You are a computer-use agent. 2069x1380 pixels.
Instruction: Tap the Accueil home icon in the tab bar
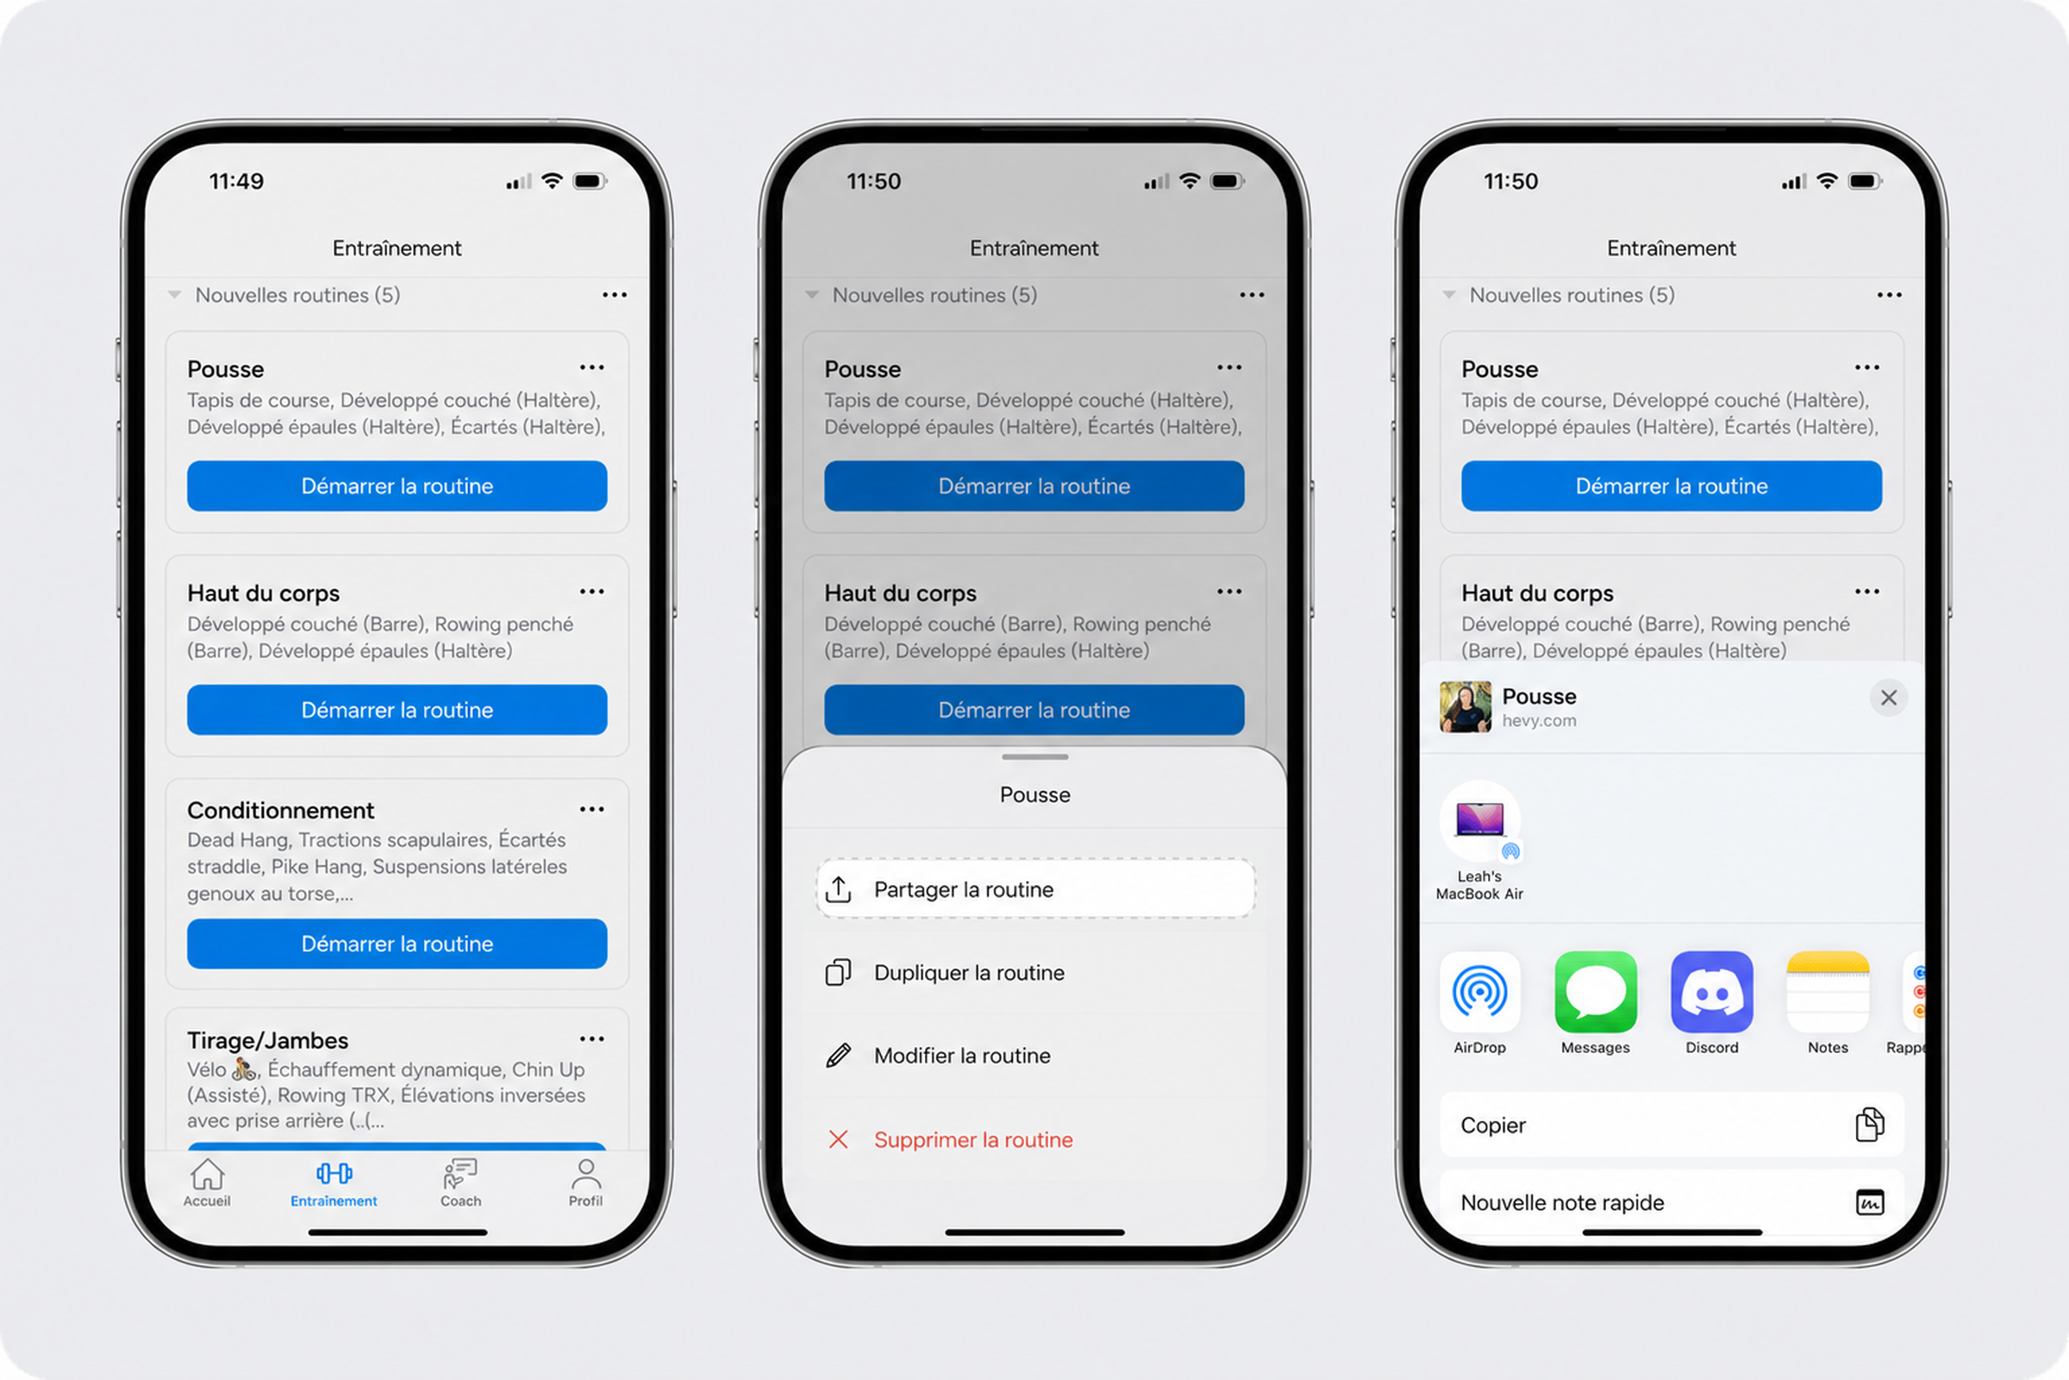(x=208, y=1173)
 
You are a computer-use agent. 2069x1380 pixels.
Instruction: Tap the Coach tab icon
(x=460, y=1173)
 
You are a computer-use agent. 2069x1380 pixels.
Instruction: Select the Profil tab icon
(x=586, y=1173)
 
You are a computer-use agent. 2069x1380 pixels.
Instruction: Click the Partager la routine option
(x=1035, y=889)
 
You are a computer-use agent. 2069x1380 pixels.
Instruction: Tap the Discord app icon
(x=1712, y=992)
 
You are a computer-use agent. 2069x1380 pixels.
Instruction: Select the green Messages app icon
(x=1596, y=992)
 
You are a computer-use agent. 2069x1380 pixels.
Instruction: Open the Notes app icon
(x=1828, y=992)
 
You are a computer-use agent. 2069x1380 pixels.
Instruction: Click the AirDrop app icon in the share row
(x=1479, y=992)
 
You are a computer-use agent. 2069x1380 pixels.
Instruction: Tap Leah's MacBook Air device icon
(x=1480, y=820)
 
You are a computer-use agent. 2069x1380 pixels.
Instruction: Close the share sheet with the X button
(x=1889, y=698)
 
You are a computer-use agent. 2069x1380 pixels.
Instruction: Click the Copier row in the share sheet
(x=1672, y=1125)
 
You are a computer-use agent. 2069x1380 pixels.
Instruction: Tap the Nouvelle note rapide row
(x=1672, y=1202)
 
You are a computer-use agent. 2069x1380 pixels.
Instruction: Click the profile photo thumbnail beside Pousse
(x=1466, y=706)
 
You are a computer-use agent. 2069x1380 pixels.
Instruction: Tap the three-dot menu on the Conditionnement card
(x=592, y=809)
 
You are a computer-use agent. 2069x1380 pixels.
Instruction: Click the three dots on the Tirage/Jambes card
(x=592, y=1038)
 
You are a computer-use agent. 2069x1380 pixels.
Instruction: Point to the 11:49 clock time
(x=236, y=181)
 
